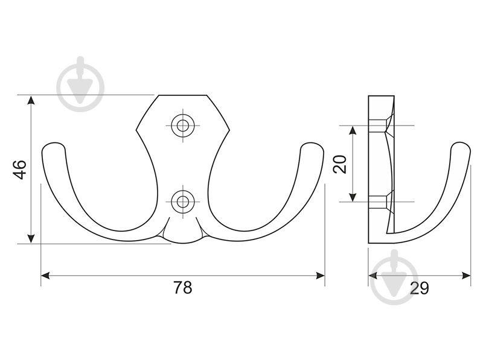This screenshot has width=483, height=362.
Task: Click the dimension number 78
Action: click(183, 288)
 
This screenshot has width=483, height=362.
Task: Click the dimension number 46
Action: click(20, 170)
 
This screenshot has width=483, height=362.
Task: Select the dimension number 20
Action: click(341, 164)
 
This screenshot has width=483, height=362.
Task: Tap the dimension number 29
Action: click(420, 288)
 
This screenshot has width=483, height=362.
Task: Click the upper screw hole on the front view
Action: click(183, 125)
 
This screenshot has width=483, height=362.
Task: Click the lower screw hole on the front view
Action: click(183, 202)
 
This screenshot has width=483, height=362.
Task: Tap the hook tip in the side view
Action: click(461, 147)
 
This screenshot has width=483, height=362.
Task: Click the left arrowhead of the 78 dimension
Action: click(45, 276)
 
